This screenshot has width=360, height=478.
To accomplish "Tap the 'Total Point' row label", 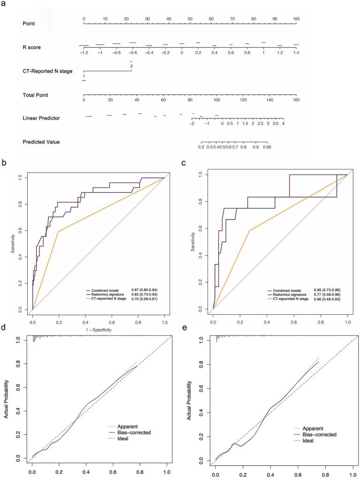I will (35, 95).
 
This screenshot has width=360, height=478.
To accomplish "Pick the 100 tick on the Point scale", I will (296, 19).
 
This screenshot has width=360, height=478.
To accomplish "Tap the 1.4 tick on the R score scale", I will (296, 53).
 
